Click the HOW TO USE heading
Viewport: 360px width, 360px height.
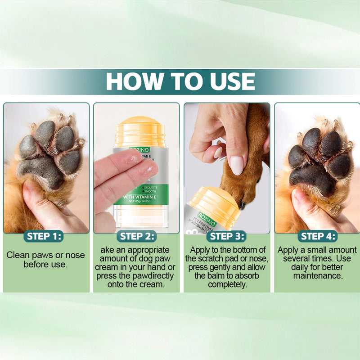pyautogui.click(x=180, y=81)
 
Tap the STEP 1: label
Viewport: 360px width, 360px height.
pyautogui.click(x=45, y=236)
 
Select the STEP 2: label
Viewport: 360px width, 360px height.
pyautogui.click(x=137, y=236)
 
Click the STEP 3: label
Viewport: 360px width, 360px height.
pyautogui.click(x=227, y=236)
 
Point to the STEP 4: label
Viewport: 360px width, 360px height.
pyautogui.click(x=318, y=236)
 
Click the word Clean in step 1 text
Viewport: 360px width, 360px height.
pyautogui.click(x=18, y=255)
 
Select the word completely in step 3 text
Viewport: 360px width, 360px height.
pyautogui.click(x=227, y=284)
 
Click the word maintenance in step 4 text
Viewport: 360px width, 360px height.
pyautogui.click(x=318, y=275)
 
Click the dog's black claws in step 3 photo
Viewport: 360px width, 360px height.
pyautogui.click(x=243, y=205)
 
